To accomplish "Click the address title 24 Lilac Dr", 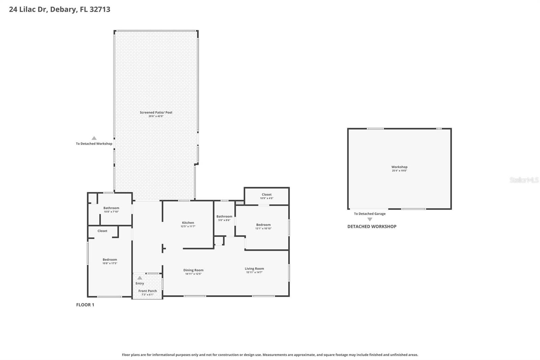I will click(59, 9).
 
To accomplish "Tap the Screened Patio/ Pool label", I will click(156, 112).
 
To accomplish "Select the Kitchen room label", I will click(188, 223).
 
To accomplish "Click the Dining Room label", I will click(193, 270).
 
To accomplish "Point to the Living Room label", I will click(254, 269).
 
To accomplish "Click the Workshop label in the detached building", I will click(399, 167).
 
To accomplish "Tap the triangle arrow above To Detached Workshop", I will click(94, 138).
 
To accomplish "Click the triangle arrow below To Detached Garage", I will click(370, 219).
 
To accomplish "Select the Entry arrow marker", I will click(140, 278).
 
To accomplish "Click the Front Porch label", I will click(147, 291).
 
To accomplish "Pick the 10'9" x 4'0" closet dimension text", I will click(266, 198).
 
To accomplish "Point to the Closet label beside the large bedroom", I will click(102, 231).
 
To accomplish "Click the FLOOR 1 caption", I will click(85, 305).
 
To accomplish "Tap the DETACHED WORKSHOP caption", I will click(372, 227).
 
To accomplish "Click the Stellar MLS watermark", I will click(524, 180).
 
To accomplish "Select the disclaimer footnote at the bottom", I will click(270, 355).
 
